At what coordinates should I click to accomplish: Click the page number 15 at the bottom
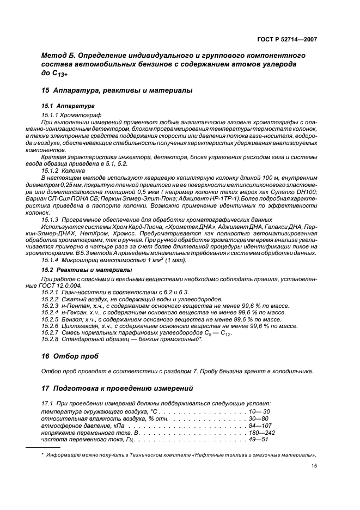click(x=314, y=465)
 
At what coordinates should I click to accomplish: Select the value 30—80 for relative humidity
click(x=258, y=418)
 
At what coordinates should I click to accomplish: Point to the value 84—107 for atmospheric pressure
click(x=260, y=425)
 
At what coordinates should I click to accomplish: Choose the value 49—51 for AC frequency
click(x=258, y=439)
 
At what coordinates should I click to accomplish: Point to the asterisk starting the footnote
click(x=43, y=455)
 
